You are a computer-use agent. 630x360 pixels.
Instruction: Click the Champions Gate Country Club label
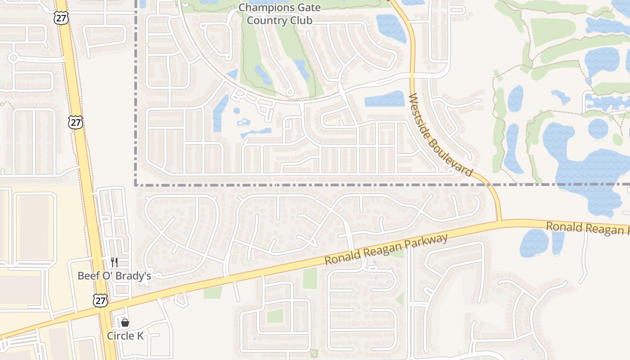[279, 14]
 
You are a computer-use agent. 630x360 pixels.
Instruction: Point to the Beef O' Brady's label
[114, 275]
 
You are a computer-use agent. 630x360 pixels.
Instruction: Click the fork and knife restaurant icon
[114, 262]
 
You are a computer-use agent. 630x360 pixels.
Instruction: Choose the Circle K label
[125, 336]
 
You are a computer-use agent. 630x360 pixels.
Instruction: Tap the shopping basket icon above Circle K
[125, 323]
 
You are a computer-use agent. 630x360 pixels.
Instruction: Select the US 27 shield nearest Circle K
[100, 301]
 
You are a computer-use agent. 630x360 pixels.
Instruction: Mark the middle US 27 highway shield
[76, 122]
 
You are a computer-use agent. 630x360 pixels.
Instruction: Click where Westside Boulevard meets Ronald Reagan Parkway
[499, 221]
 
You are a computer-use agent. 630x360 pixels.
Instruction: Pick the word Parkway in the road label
[427, 242]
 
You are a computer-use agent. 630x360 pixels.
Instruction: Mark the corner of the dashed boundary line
[136, 184]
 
